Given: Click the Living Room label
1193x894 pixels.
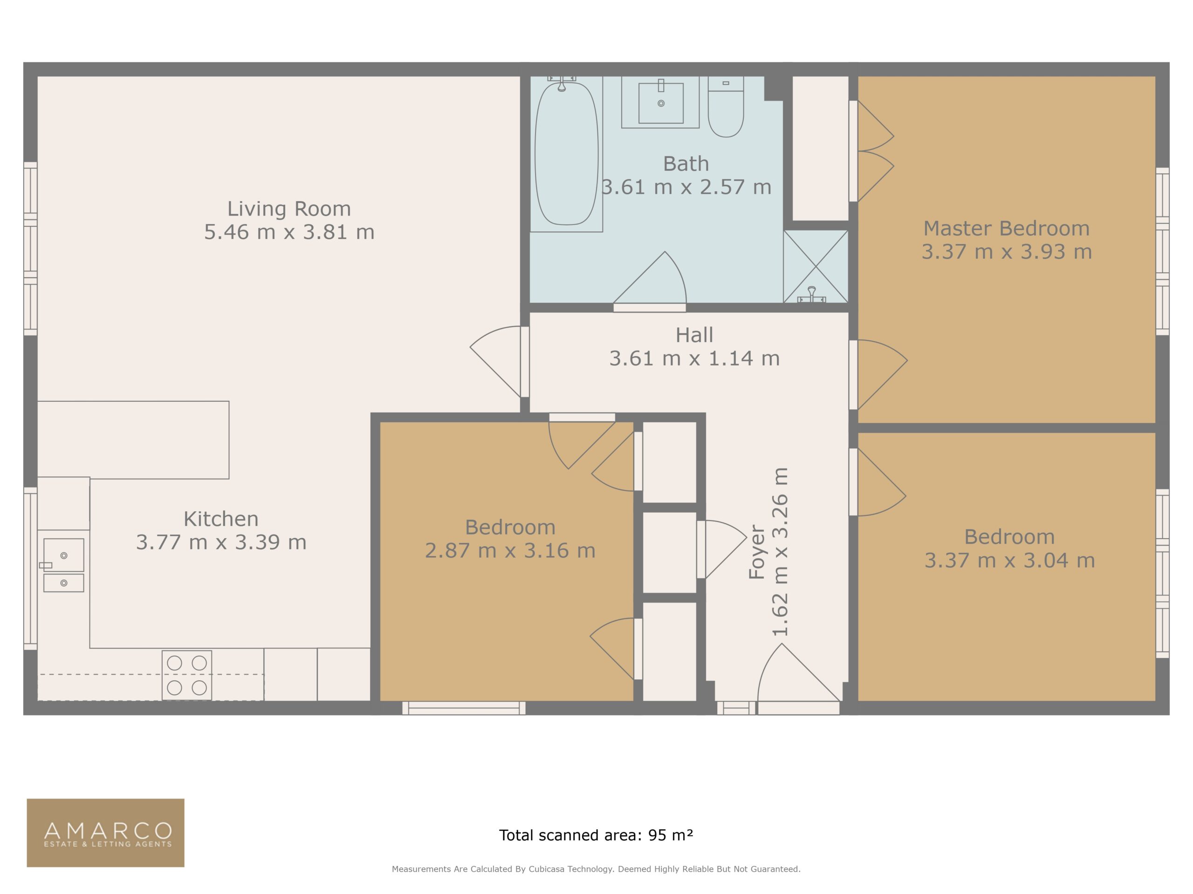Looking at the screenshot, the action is (x=288, y=209).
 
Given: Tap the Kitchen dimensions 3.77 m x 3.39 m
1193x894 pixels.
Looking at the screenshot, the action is (x=221, y=542).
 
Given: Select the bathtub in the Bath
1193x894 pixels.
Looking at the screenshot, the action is (x=566, y=154).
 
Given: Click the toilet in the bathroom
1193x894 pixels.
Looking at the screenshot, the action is (x=726, y=107).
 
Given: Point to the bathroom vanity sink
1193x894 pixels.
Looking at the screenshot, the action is (x=661, y=102).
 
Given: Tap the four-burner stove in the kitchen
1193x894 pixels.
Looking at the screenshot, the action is (x=186, y=675).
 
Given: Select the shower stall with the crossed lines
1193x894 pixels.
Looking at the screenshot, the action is (x=816, y=266).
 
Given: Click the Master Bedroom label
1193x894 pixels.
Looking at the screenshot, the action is (x=1007, y=229).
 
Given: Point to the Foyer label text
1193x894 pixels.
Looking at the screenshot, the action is (x=757, y=552).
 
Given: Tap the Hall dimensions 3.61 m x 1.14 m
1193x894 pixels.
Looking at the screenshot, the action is (x=695, y=359).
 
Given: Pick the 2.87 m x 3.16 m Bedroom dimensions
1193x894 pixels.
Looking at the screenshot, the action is (x=510, y=551).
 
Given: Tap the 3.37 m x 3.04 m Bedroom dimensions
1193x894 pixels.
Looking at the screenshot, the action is (x=1010, y=561).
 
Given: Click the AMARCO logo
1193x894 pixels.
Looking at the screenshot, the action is (x=106, y=833).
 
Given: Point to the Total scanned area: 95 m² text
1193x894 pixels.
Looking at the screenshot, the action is (x=596, y=835).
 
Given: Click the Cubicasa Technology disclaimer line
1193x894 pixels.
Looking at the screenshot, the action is (x=596, y=869).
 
